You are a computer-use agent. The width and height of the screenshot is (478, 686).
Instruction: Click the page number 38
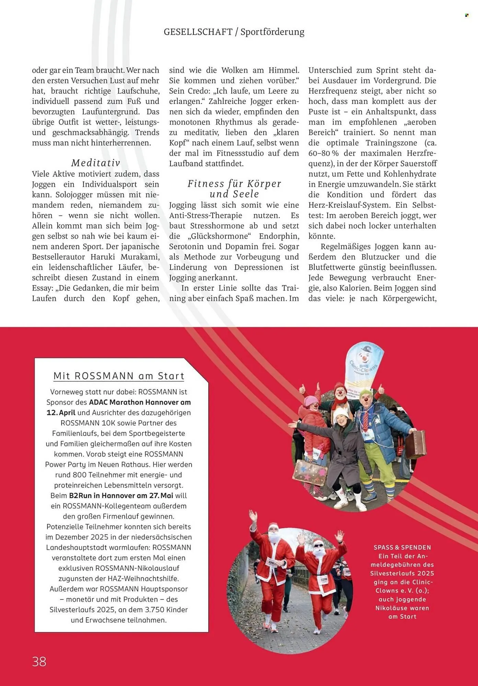coord(39,661)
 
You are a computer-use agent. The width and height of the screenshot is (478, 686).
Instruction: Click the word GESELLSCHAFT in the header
coord(198,32)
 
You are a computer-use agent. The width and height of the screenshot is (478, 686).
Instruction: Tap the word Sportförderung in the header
coord(272,32)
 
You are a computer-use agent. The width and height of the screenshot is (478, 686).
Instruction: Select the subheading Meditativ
coord(96,163)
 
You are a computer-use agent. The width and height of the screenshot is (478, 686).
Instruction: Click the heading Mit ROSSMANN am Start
coord(119,376)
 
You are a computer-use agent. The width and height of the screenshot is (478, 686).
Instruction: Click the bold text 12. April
coord(61,413)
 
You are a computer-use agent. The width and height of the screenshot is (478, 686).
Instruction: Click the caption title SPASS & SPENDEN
coord(402,547)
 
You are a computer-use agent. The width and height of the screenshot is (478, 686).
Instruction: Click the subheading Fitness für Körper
coord(234,184)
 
